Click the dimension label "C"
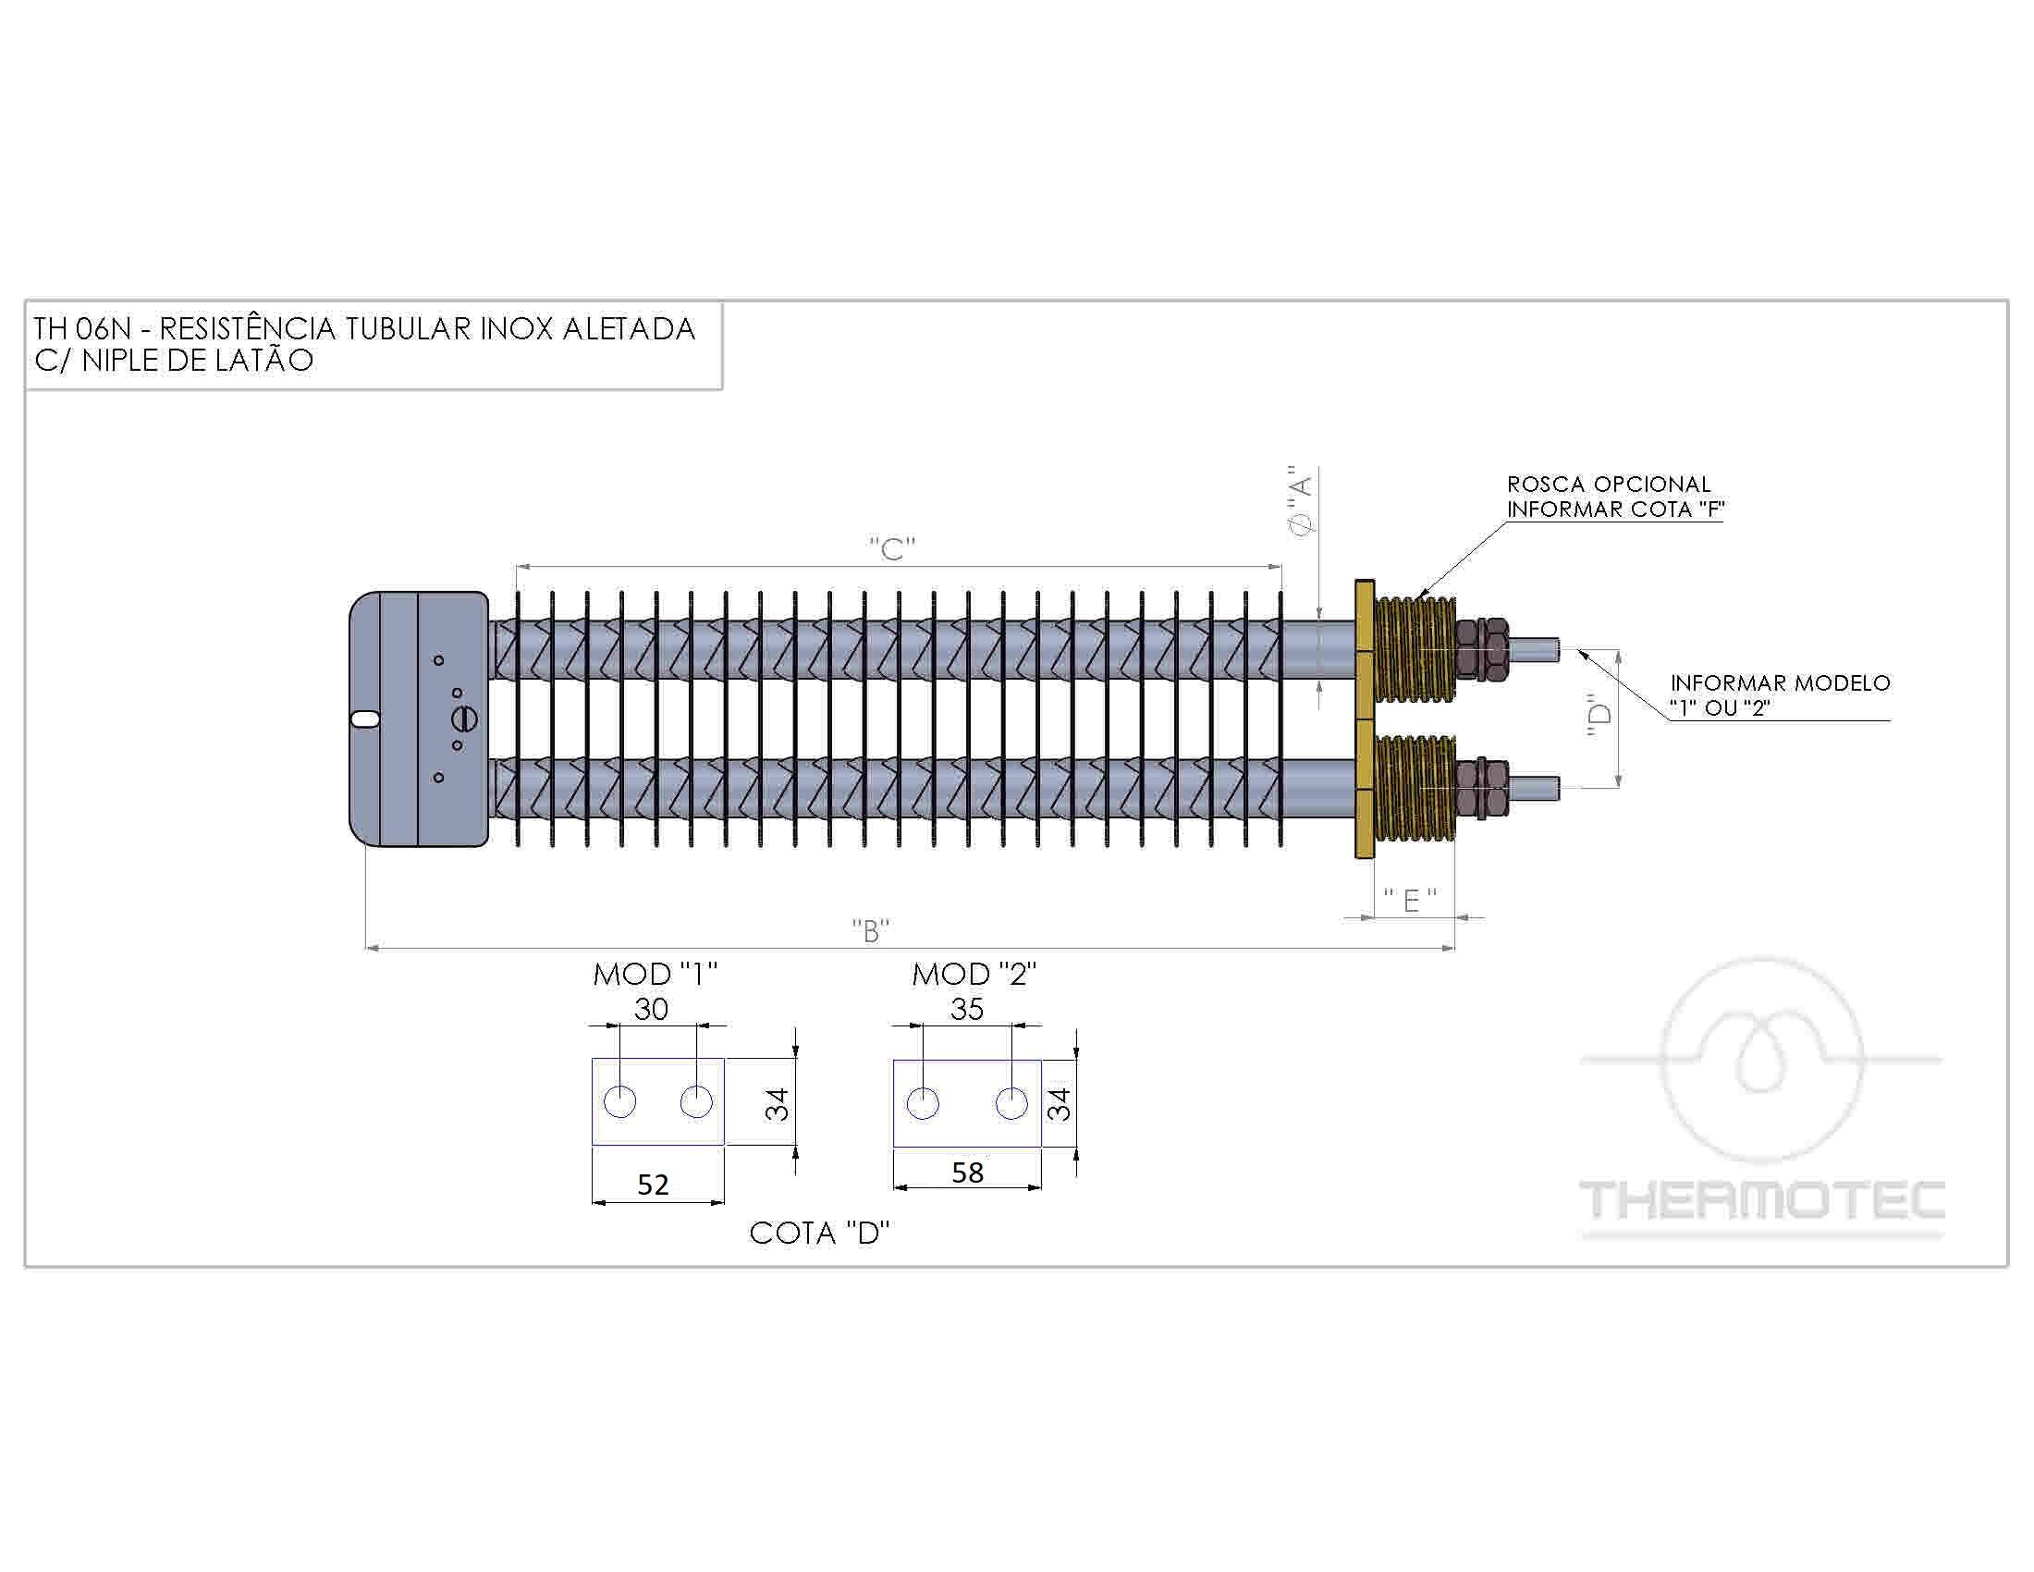892,548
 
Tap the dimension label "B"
871,930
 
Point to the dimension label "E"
1411,900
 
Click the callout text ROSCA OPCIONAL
1609,485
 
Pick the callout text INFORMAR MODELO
1780,682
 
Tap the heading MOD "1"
656,974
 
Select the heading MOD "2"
974,974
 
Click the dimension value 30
651,1009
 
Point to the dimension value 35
967,1009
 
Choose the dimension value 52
653,1185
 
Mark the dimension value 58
968,1173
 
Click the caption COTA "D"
819,1233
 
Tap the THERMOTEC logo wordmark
1762,1200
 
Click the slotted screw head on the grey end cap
464,718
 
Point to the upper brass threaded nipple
1414,651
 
